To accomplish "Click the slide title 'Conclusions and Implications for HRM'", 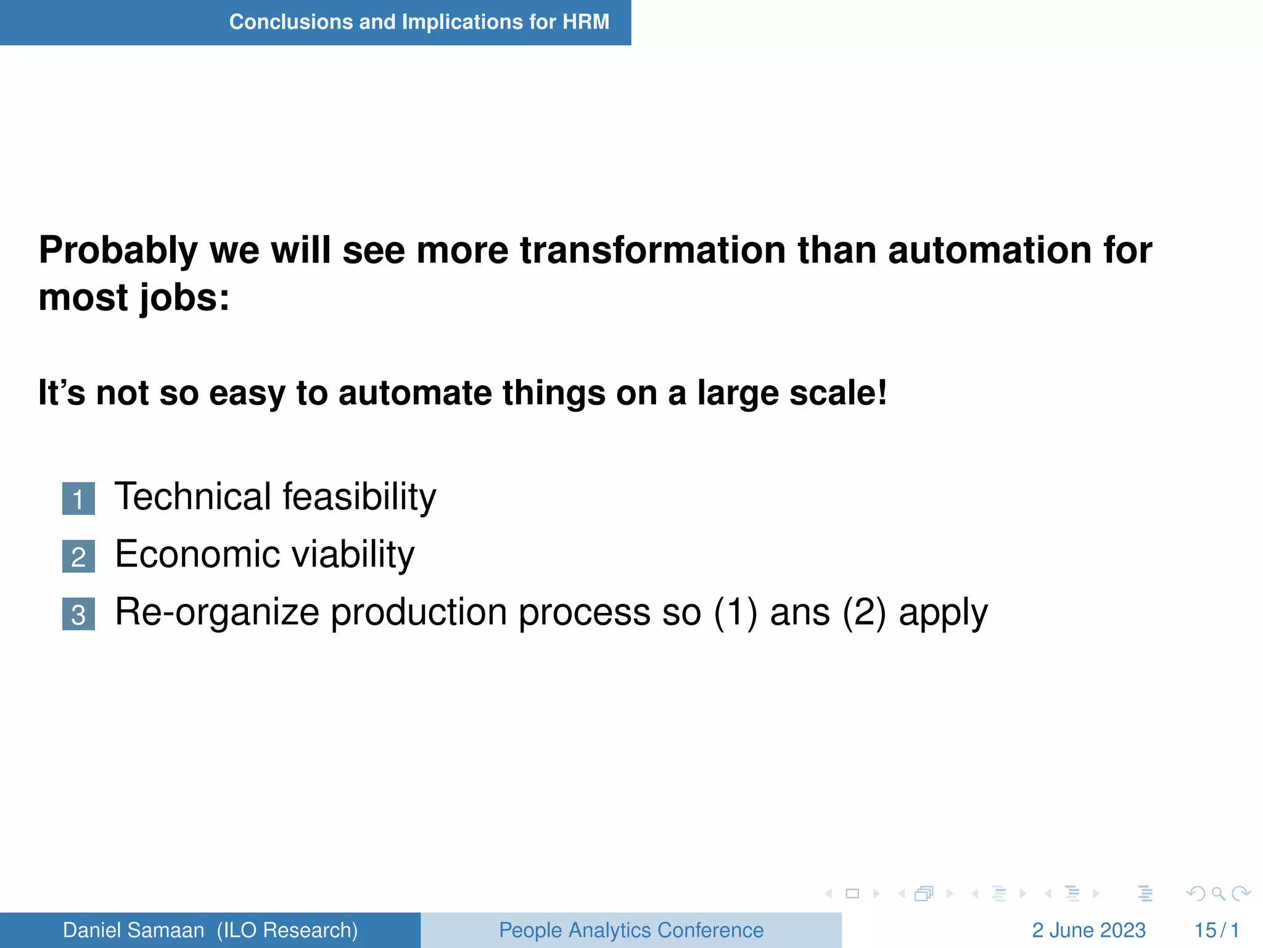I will point(419,22).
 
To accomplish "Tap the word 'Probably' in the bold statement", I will point(117,251).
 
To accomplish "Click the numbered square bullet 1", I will point(78,499).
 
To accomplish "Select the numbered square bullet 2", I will point(78,557).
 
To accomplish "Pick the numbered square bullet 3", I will point(78,614).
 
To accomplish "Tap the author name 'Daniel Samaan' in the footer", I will point(133,930).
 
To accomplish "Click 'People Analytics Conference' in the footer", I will point(631,930).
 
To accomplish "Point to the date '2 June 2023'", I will point(1088,930).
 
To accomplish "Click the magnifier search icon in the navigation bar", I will point(1218,894).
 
